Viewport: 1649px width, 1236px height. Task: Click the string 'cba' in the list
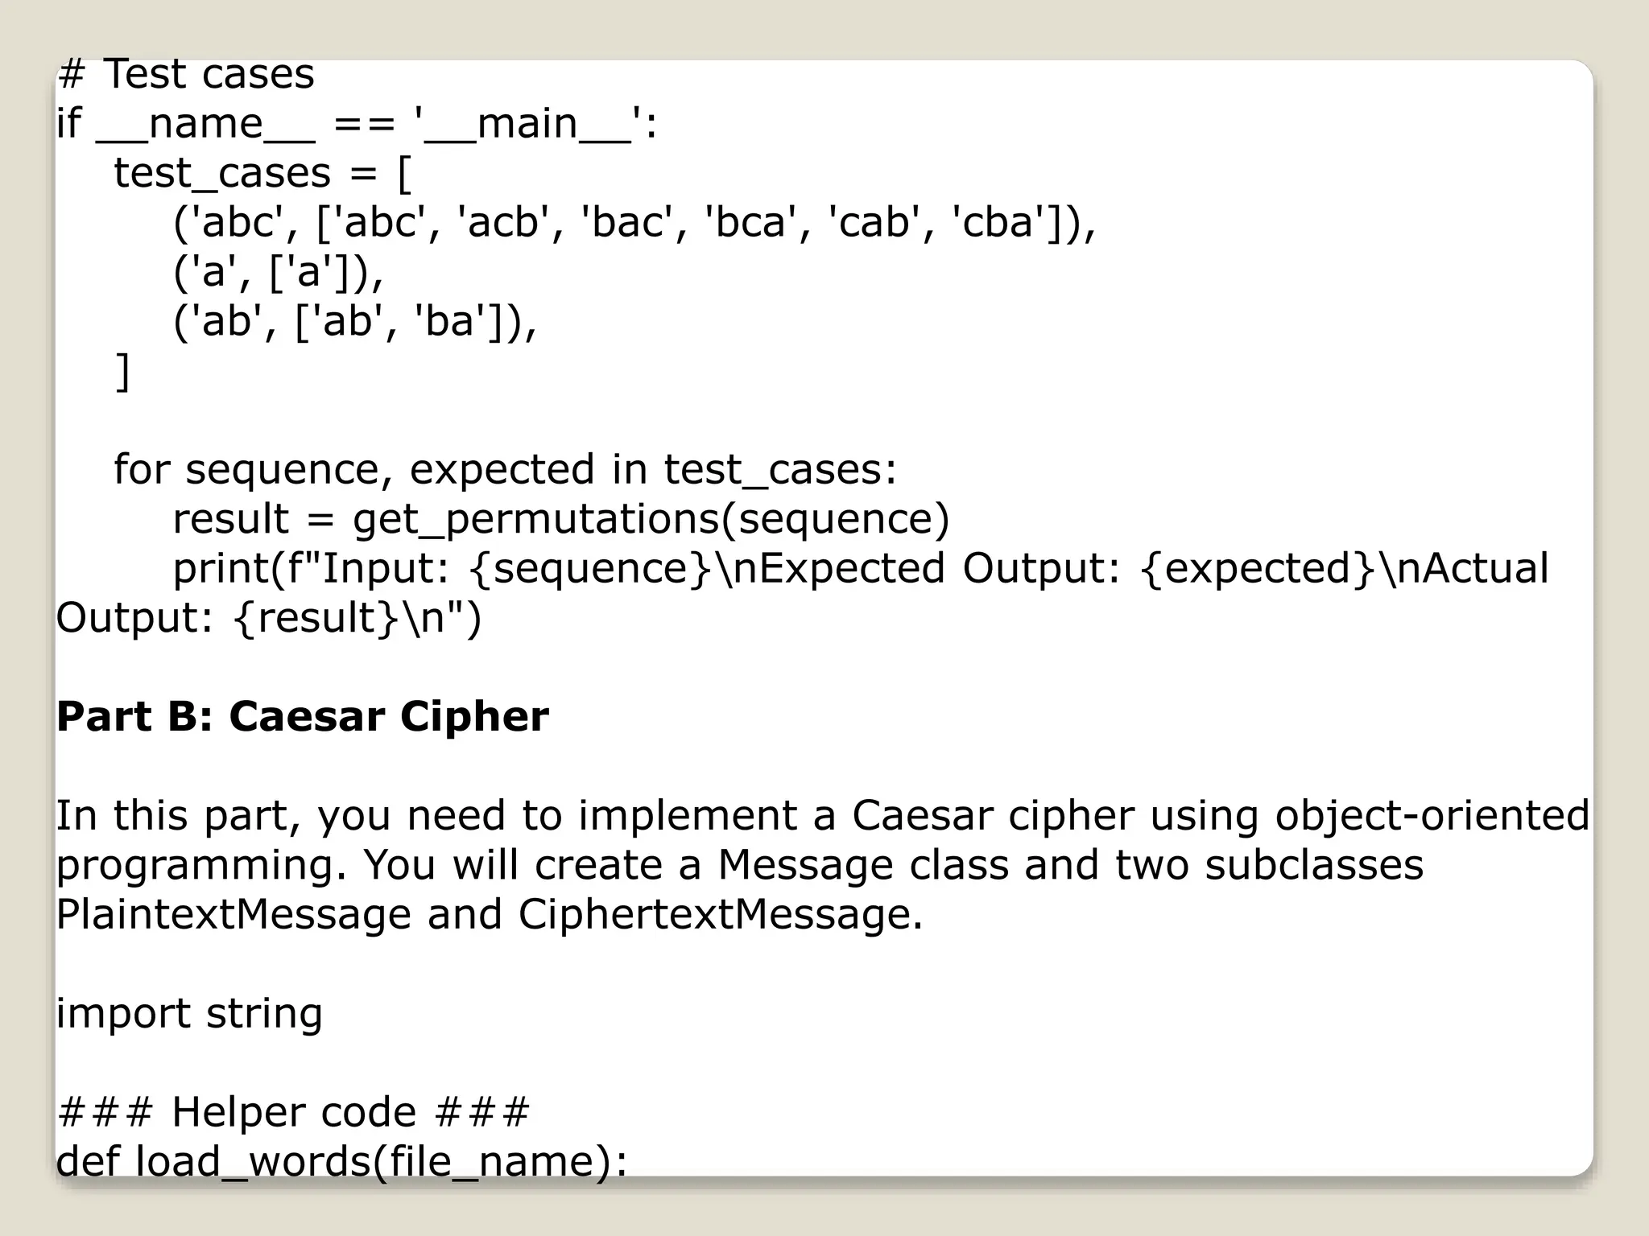tap(998, 222)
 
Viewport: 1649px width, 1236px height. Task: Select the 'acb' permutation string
tap(502, 222)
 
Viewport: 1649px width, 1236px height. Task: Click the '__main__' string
tap(527, 124)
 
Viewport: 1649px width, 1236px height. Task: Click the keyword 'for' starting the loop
tap(142, 469)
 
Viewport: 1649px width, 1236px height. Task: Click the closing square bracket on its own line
tap(122, 371)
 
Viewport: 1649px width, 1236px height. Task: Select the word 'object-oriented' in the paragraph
tap(1432, 815)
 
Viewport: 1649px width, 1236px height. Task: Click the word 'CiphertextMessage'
tap(720, 915)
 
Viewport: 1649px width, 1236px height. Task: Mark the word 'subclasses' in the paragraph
tap(1314, 865)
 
